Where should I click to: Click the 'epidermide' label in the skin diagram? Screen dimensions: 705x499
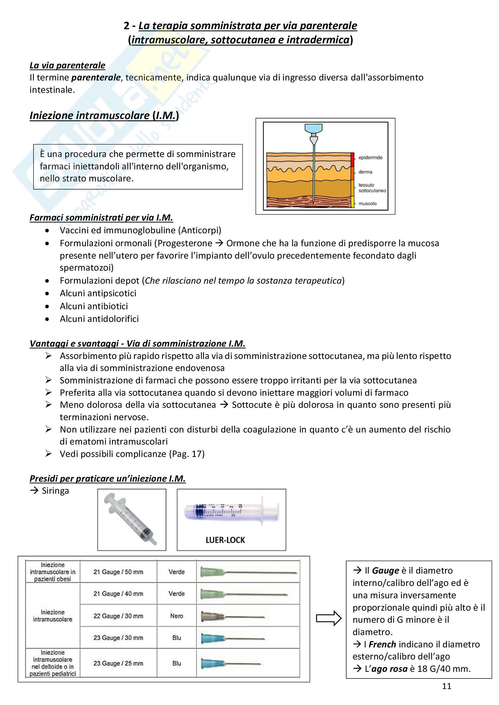(x=370, y=158)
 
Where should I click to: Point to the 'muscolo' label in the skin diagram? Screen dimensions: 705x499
(x=367, y=203)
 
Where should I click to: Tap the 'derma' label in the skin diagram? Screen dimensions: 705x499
(x=365, y=172)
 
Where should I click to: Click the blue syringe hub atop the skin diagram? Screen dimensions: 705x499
(x=313, y=128)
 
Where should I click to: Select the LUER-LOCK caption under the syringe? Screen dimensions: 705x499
(x=225, y=540)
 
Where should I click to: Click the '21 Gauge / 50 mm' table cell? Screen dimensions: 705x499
(x=118, y=572)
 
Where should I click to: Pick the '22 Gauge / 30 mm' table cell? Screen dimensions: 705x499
(x=118, y=616)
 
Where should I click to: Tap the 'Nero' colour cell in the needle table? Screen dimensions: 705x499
(x=176, y=616)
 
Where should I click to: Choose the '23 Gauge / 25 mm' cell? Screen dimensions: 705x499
(x=118, y=663)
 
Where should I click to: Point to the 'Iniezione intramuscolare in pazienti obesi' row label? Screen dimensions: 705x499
(x=52, y=572)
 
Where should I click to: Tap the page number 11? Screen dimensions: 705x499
(x=447, y=692)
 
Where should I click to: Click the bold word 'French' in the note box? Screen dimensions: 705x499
(x=382, y=644)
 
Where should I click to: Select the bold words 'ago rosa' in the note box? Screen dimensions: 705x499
(x=389, y=669)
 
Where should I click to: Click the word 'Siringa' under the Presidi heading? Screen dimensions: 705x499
(x=55, y=491)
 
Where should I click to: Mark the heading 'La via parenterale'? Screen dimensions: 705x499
(x=67, y=65)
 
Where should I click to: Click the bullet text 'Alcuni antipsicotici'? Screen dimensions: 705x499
(x=98, y=293)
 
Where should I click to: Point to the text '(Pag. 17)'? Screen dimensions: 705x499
(x=187, y=454)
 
